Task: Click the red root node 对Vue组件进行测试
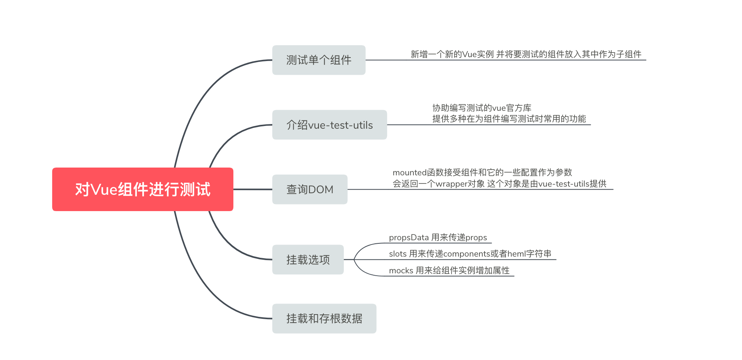tap(142, 189)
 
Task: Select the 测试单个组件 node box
tap(318, 60)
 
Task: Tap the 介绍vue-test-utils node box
tap(329, 125)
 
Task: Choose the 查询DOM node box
tap(310, 189)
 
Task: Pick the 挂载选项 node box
tap(308, 259)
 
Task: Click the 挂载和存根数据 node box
tap(324, 318)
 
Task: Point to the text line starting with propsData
tap(437, 238)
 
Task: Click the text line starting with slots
tap(470, 254)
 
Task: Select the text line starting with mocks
tap(449, 271)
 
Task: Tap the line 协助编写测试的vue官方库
tap(481, 108)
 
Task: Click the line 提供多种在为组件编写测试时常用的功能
tap(509, 119)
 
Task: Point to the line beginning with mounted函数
tap(482, 172)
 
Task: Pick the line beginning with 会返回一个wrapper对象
tap(499, 183)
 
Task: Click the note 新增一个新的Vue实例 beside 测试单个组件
tap(525, 54)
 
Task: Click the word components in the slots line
tap(465, 254)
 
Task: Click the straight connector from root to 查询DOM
tap(252, 189)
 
